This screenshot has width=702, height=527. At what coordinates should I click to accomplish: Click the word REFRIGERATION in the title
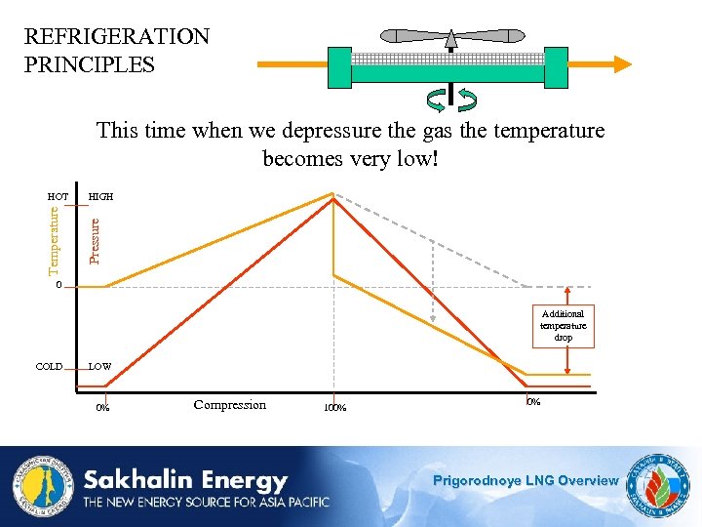117,37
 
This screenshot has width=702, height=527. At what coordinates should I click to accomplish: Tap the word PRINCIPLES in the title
90,65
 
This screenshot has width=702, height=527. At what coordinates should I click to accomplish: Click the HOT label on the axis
58,197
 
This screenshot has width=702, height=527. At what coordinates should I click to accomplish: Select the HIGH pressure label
100,197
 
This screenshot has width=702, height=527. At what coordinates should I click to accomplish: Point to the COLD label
49,367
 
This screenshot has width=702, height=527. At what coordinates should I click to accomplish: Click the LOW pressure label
99,367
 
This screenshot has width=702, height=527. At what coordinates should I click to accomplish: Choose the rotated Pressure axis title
95,240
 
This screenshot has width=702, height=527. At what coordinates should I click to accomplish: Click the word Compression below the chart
230,405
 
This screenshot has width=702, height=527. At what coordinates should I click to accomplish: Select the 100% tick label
334,408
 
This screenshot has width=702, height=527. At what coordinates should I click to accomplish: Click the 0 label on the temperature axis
58,286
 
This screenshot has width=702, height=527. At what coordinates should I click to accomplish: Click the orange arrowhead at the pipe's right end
621,64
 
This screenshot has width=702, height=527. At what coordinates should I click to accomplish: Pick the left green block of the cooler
339,66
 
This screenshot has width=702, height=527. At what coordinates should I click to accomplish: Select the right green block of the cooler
557,66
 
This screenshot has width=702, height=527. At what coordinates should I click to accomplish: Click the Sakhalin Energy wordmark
185,481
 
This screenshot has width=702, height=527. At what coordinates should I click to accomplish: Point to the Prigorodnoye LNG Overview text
526,480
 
